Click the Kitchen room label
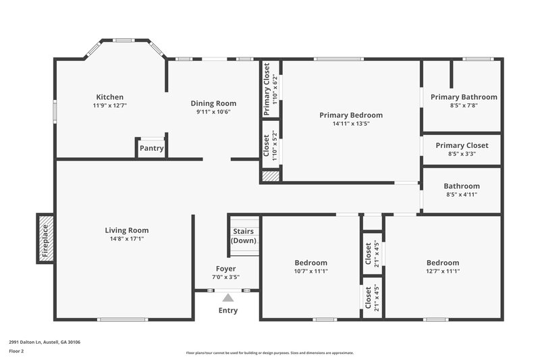click(109, 97)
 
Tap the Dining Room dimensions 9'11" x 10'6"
click(213, 112)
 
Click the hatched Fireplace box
click(46, 238)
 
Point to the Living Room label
click(126, 230)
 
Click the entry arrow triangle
click(228, 297)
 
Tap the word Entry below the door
click(228, 311)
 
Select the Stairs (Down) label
click(243, 236)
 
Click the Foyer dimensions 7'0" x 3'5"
click(226, 277)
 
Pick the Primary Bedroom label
click(351, 115)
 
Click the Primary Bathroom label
click(464, 97)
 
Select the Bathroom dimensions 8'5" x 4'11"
click(461, 195)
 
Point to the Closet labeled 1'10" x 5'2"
click(271, 145)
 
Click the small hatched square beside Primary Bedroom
click(270, 176)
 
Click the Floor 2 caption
click(17, 351)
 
